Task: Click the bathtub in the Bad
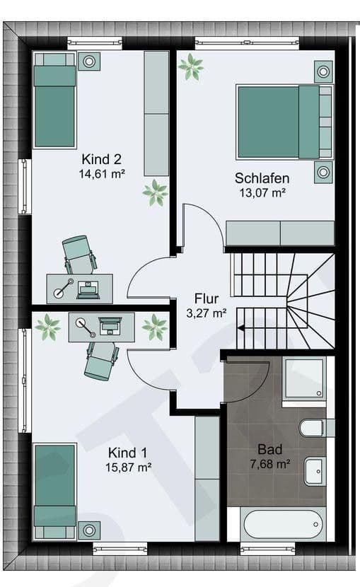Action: coord(281,524)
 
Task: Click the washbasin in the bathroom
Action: coord(314,470)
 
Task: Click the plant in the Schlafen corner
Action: coord(191,67)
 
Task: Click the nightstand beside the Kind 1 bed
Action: coord(89,530)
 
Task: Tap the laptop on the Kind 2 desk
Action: coord(89,288)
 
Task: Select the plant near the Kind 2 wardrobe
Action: coord(155,192)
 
